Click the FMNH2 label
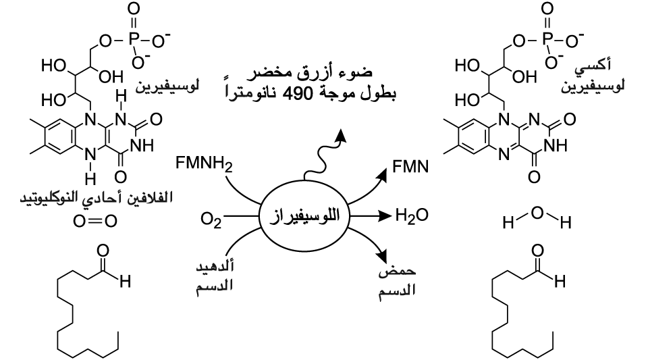click(x=204, y=163)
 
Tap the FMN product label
click(x=410, y=167)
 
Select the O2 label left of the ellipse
click(x=211, y=219)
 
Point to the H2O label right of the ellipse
click(x=412, y=215)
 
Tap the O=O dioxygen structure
click(x=95, y=222)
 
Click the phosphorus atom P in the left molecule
click(x=134, y=40)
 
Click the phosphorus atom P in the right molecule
click(x=547, y=40)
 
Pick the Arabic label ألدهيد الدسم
click(x=215, y=276)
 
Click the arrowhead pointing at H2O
click(x=386, y=215)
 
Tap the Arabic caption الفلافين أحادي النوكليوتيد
click(x=97, y=197)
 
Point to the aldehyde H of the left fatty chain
click(x=126, y=282)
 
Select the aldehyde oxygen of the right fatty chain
click(x=537, y=251)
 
